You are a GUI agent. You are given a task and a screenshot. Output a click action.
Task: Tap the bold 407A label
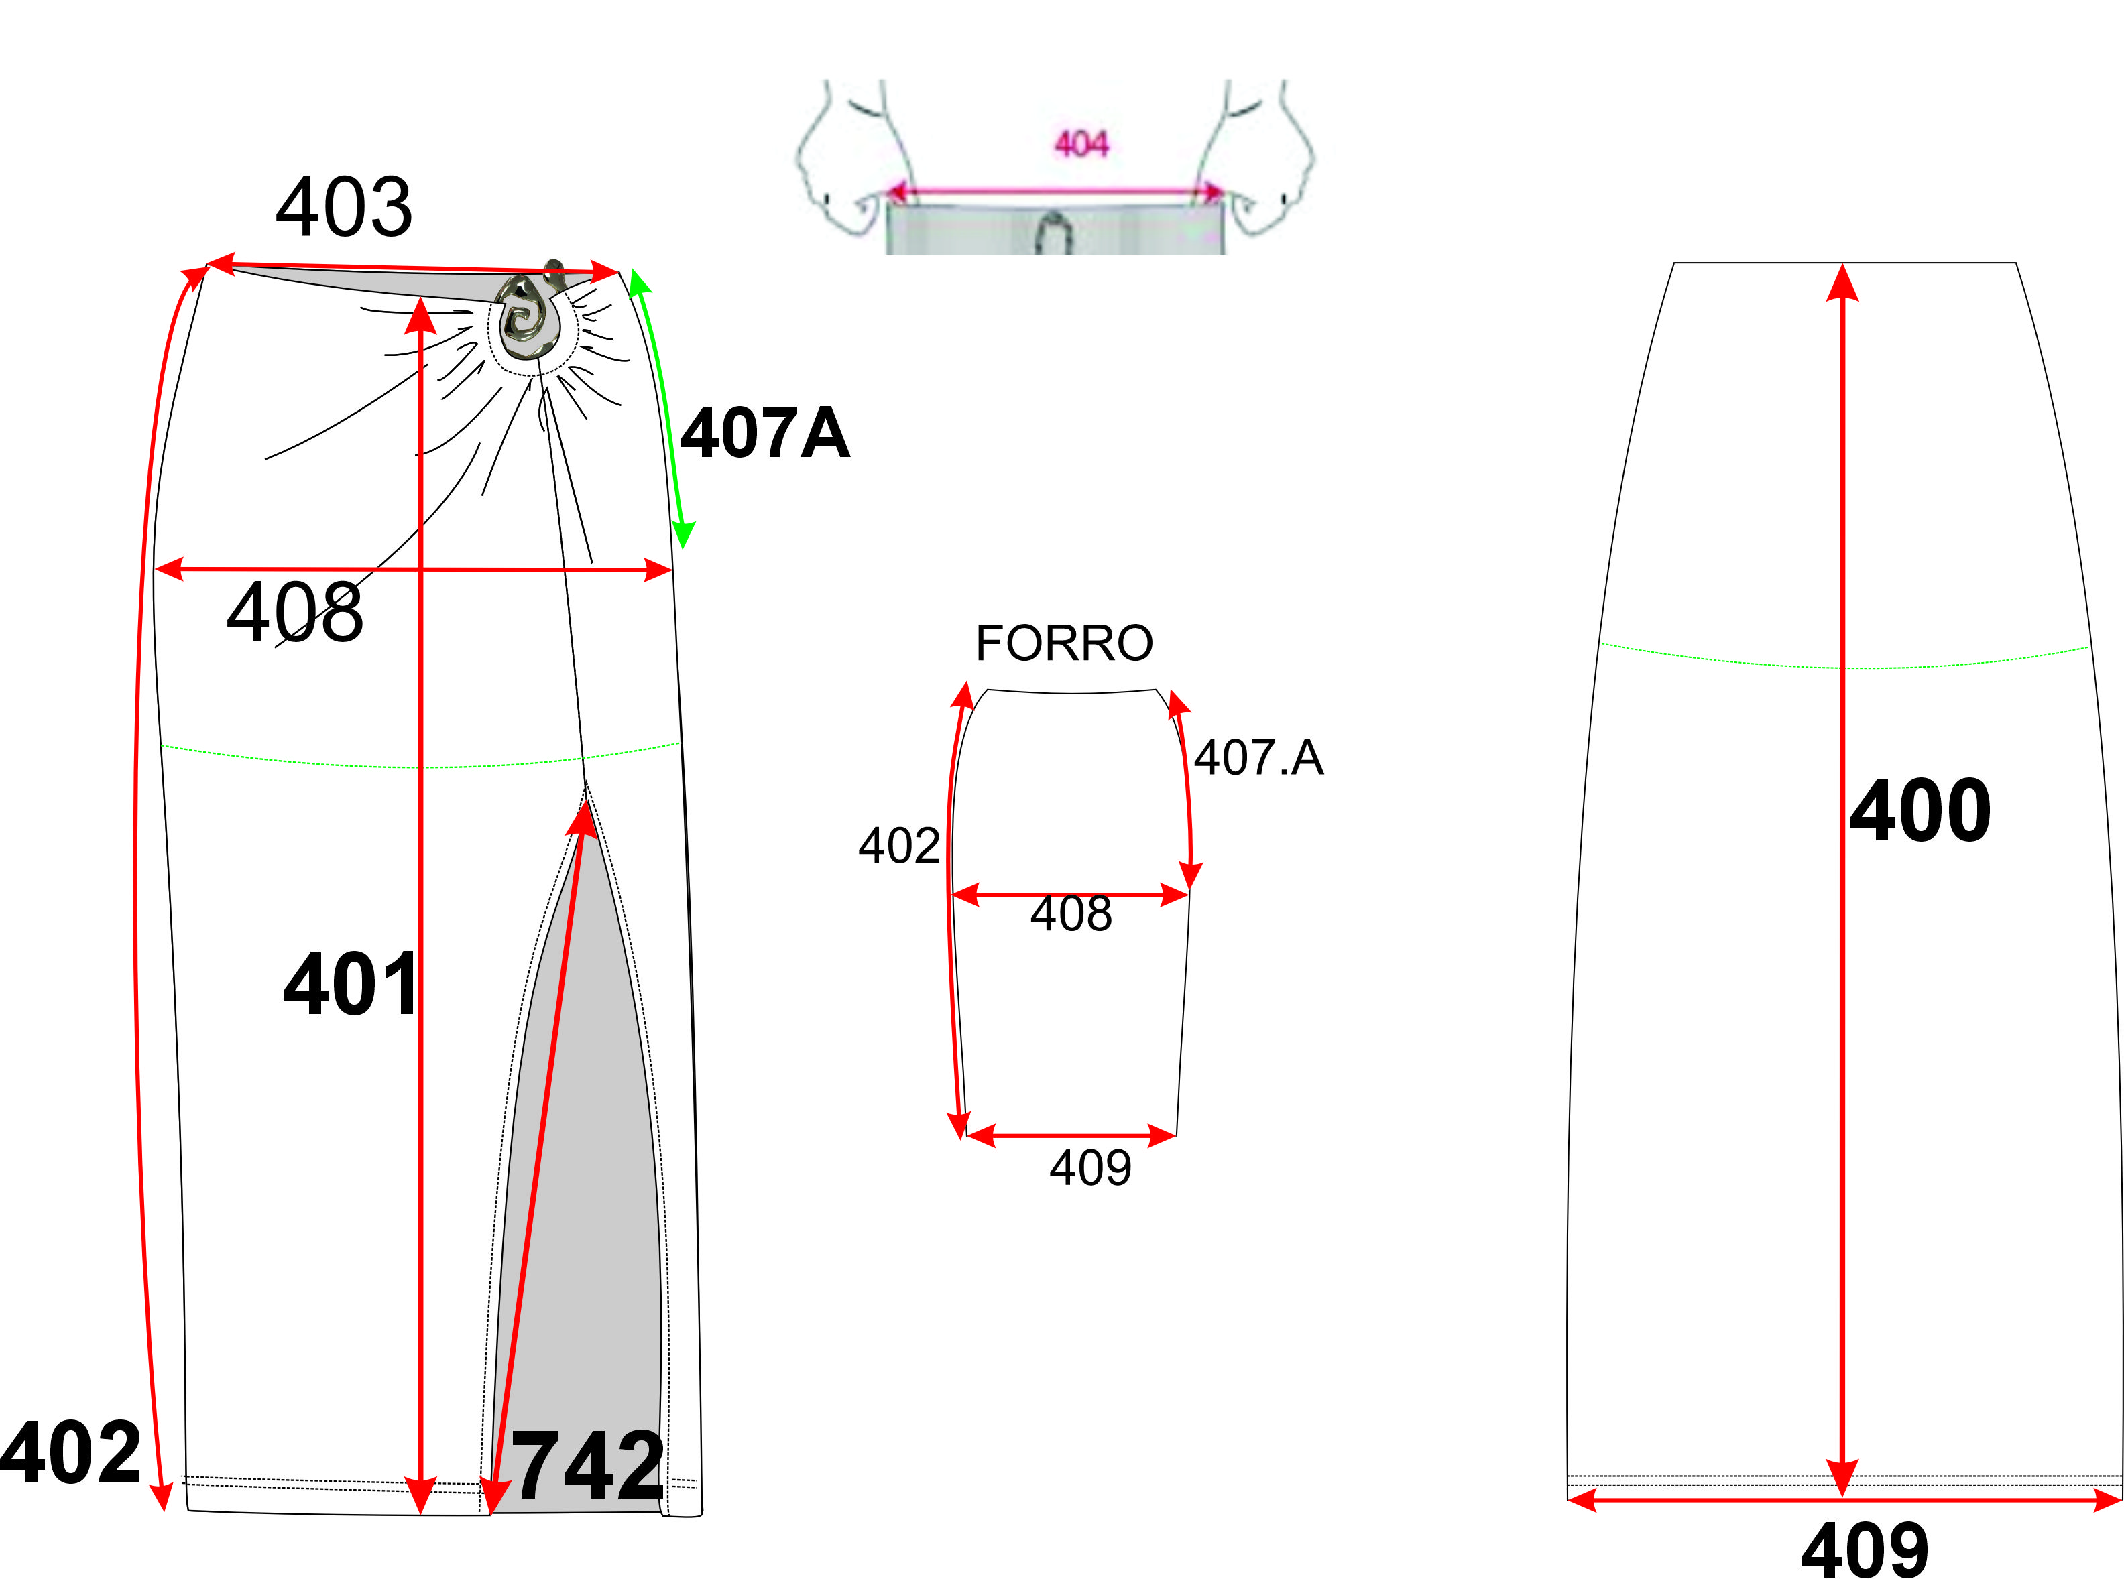[x=765, y=433]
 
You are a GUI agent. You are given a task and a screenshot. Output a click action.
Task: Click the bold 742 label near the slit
[x=588, y=1465]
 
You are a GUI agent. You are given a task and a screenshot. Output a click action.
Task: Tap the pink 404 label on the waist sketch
[x=1081, y=144]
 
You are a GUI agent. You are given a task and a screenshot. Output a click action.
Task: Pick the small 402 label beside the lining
[x=898, y=846]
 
